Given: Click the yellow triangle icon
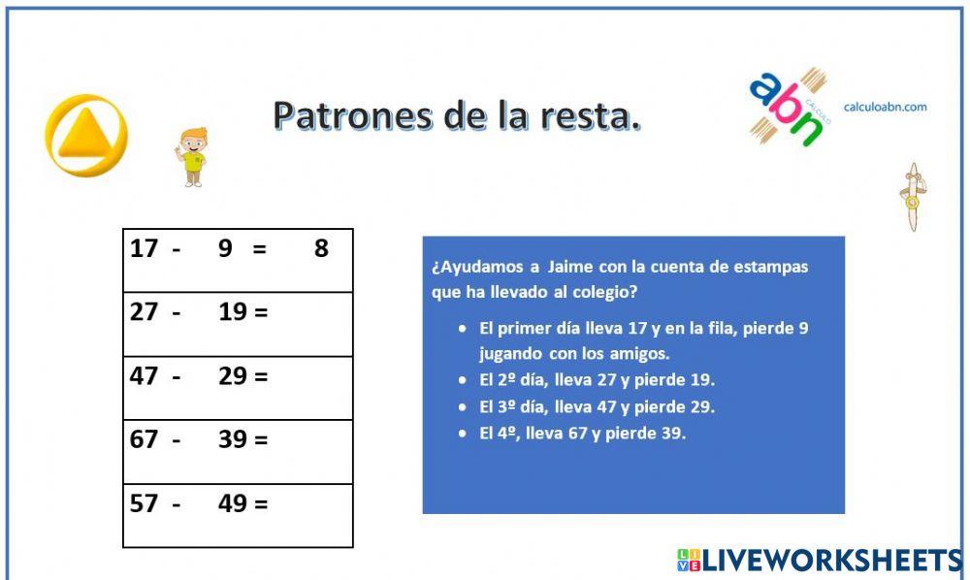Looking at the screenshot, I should tap(86, 135).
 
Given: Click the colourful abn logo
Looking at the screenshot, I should tap(787, 107).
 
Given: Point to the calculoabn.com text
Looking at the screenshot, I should tap(885, 107).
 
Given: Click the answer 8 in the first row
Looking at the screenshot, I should tap(321, 249).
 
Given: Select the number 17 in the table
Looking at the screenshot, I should tap(144, 249).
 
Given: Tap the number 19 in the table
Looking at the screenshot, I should tap(233, 312).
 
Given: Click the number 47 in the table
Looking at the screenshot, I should tap(144, 376).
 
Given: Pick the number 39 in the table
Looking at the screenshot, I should tap(233, 439).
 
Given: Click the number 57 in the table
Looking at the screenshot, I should tap(144, 503).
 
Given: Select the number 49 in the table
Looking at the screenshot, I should tap(233, 503).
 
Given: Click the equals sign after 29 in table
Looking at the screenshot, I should tap(260, 376).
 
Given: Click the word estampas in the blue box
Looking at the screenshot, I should tap(773, 267).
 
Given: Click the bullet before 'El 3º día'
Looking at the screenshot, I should tap(464, 406).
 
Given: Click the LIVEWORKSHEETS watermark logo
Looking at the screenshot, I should tap(820, 560).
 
